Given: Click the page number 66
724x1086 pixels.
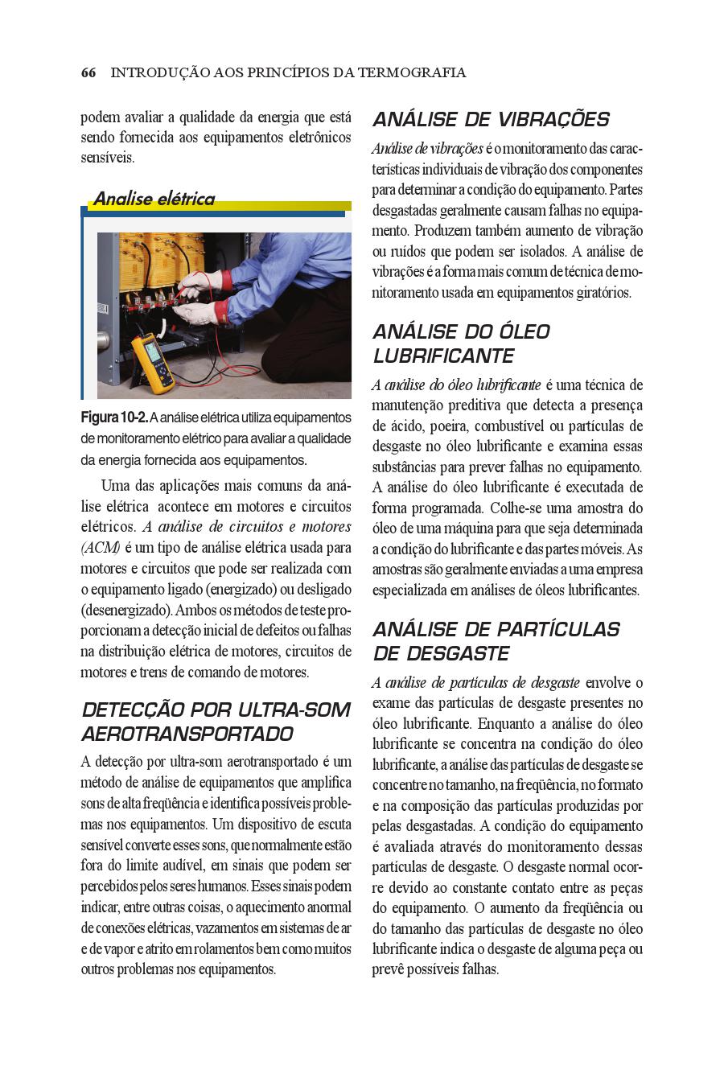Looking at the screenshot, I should [88, 73].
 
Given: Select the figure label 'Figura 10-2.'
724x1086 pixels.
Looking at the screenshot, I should [114, 418].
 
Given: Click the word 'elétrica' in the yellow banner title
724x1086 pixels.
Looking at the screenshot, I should [186, 199].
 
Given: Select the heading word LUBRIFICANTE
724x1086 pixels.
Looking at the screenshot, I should [443, 356].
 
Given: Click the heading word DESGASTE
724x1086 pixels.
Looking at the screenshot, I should [458, 654].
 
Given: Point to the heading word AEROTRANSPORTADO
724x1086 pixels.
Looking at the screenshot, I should [187, 734].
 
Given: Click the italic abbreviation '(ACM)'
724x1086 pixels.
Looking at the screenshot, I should [101, 548].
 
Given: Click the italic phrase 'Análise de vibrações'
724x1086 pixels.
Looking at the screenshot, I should [427, 150].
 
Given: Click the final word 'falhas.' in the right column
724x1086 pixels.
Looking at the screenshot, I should [480, 970].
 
